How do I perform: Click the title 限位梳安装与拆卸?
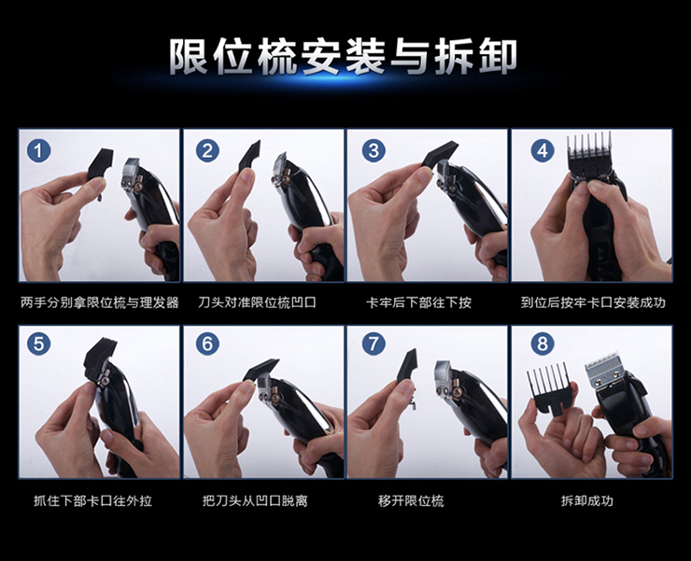(343, 57)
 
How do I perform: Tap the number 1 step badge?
(39, 150)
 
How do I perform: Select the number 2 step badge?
(207, 150)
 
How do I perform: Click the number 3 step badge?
(374, 150)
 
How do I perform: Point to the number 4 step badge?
(542, 150)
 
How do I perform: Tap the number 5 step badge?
(39, 344)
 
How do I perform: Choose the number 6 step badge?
(207, 344)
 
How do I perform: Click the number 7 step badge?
(374, 344)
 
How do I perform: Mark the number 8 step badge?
(542, 344)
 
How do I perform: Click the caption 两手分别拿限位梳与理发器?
(100, 302)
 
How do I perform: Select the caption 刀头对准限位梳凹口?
(258, 302)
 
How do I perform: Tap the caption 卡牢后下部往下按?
(418, 302)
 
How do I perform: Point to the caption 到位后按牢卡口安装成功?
(593, 302)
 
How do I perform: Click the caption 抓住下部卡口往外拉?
(93, 500)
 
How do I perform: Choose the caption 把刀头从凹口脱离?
(255, 500)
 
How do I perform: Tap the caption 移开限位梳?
(411, 500)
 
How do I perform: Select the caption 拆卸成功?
(587, 500)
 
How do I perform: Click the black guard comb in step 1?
(101, 167)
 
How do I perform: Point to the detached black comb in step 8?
(548, 387)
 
